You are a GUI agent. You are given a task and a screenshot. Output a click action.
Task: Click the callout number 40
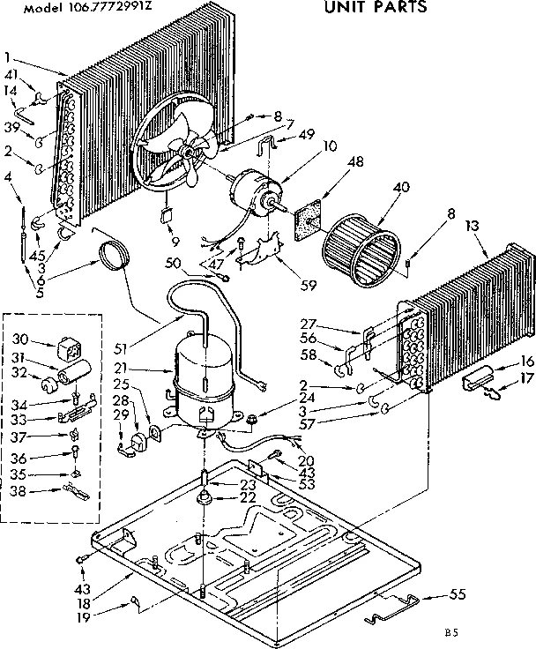click(377, 187)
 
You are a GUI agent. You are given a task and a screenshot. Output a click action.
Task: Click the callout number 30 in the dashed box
click(19, 338)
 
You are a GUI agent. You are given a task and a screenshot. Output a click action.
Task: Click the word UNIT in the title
click(346, 8)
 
